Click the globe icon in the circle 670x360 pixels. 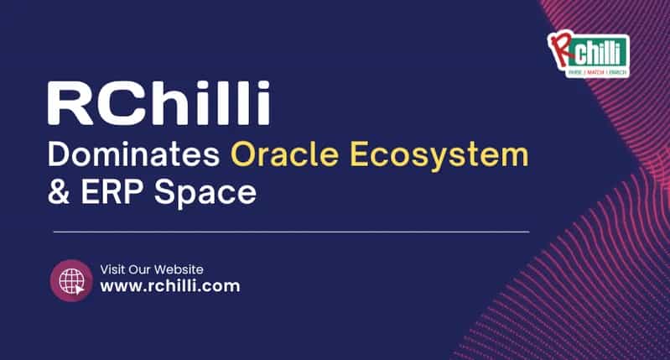pyautogui.click(x=70, y=279)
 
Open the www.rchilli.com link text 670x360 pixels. pyautogui.click(x=170, y=286)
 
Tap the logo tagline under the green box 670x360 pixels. pyautogui.click(x=598, y=71)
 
